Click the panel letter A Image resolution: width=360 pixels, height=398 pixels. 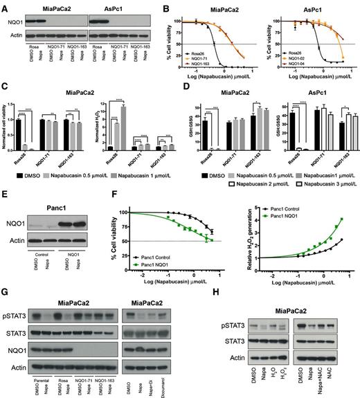(5, 6)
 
